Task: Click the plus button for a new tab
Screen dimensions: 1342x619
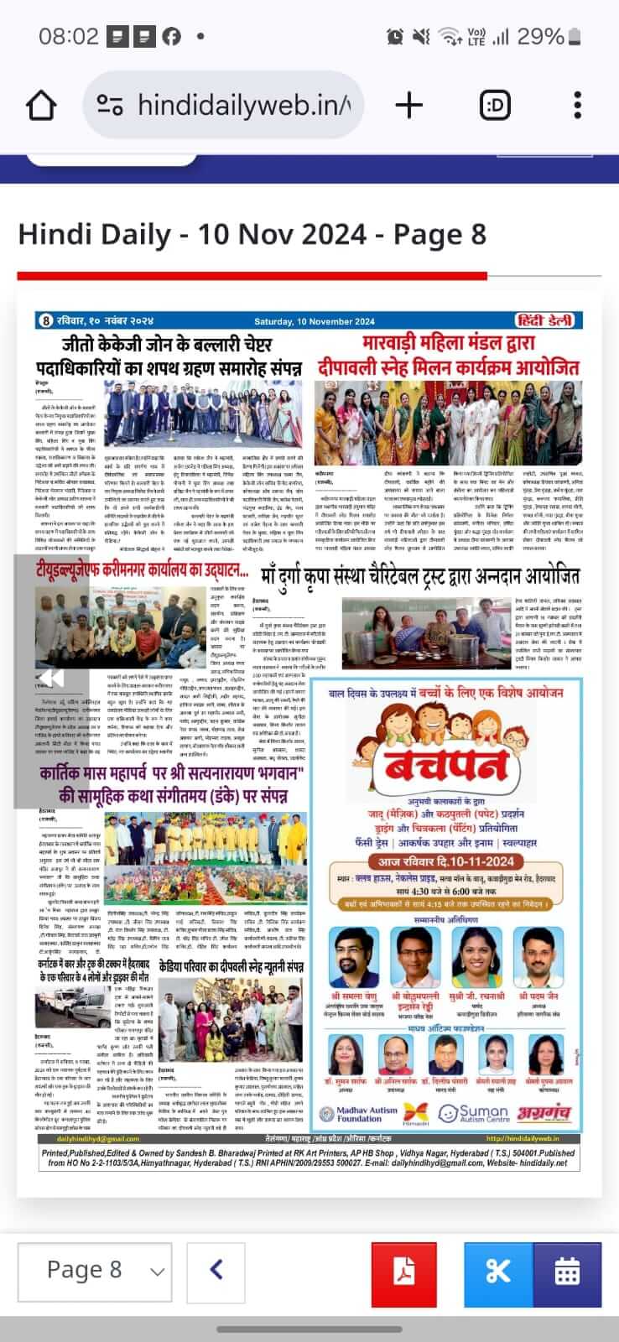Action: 408,106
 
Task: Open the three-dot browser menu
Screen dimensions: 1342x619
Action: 577,106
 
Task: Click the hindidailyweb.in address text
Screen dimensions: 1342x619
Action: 243,106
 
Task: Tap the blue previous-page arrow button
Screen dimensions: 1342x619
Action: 216,1270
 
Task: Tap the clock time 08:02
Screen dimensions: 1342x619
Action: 69,37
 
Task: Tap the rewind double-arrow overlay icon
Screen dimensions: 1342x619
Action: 51,678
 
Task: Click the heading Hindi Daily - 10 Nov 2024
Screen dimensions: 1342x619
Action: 252,233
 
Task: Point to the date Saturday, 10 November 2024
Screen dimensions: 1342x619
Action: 315,321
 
